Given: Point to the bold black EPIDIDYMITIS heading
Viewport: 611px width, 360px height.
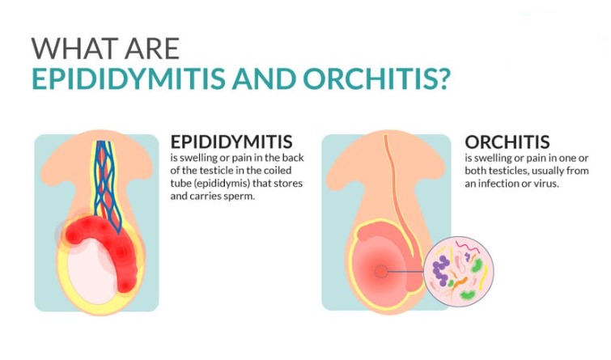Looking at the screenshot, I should [x=231, y=142].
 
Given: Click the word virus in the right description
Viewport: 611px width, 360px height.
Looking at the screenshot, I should [x=551, y=185].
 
